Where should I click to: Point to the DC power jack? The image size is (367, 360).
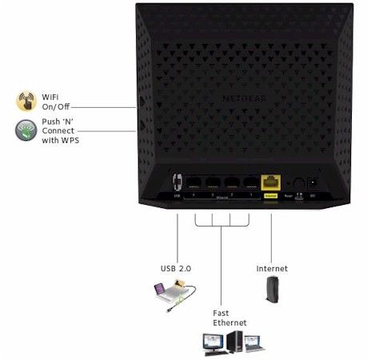click(x=313, y=182)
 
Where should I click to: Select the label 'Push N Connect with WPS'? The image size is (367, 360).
click(x=61, y=130)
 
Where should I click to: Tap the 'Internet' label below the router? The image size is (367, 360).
click(x=272, y=268)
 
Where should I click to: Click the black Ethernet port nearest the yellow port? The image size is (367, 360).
click(x=251, y=182)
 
